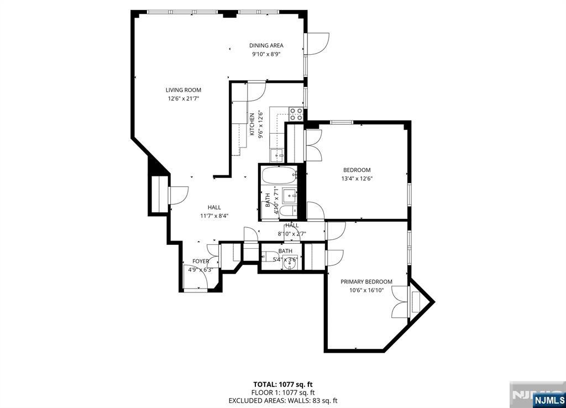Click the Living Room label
pyautogui.click(x=184, y=90)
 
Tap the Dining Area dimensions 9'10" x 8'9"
pyautogui.click(x=266, y=55)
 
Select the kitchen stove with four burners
pyautogui.click(x=296, y=114)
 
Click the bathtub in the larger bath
pyautogui.click(x=279, y=175)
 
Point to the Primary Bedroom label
pyautogui.click(x=366, y=281)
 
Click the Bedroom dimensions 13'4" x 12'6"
pyautogui.click(x=357, y=179)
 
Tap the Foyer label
pyautogui.click(x=200, y=261)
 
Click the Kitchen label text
pyautogui.click(x=252, y=124)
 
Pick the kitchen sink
pyautogui.click(x=277, y=155)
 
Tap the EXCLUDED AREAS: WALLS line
pyautogui.click(x=283, y=400)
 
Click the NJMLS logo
pyautogui.click(x=549, y=400)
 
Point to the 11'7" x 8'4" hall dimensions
pyautogui.click(x=214, y=216)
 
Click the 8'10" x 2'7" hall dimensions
pyautogui.click(x=292, y=234)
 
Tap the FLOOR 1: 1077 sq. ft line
pyautogui.click(x=283, y=393)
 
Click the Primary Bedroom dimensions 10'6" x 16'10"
pyautogui.click(x=366, y=290)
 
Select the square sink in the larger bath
pyautogui.click(x=290, y=195)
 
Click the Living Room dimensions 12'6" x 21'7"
pyautogui.click(x=184, y=98)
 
